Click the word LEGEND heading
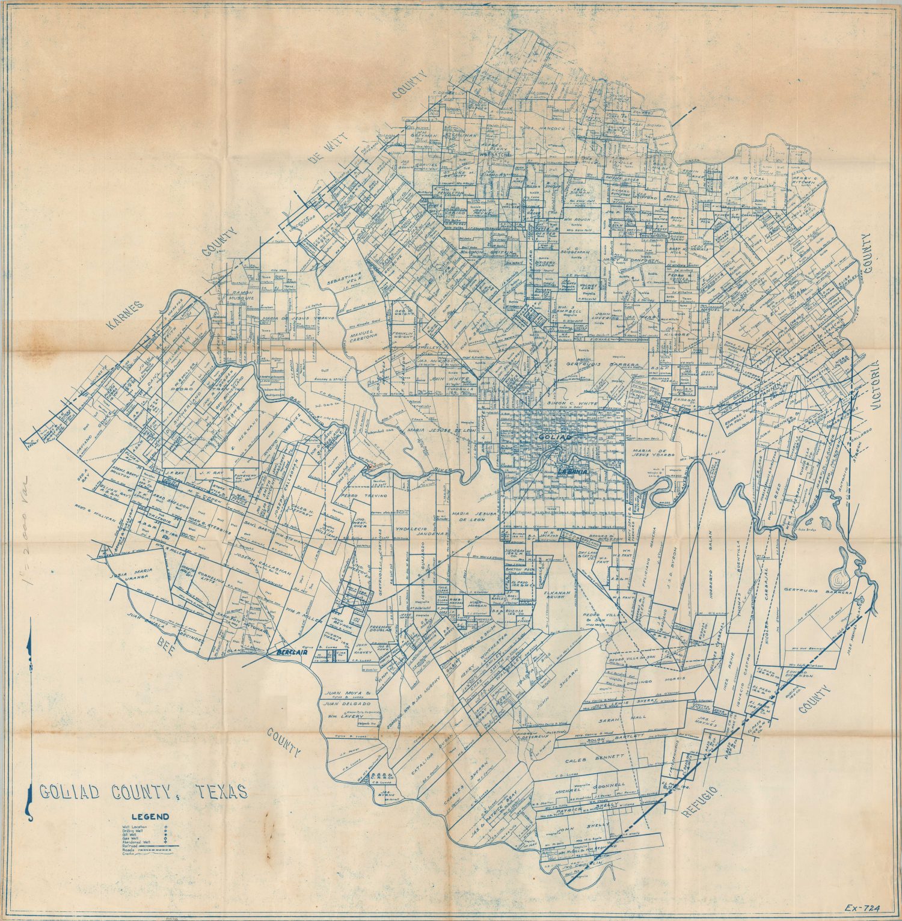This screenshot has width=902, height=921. pyautogui.click(x=150, y=817)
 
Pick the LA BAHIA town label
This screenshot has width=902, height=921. pyautogui.click(x=572, y=471)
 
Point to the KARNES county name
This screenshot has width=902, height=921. pyautogui.click(x=126, y=316)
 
